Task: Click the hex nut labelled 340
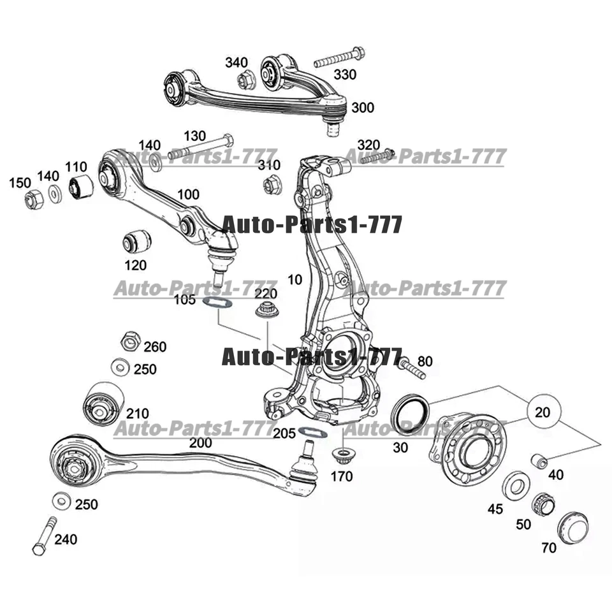245,81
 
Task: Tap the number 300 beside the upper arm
363,107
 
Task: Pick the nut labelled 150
33,200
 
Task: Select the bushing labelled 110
81,186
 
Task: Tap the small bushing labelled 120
136,241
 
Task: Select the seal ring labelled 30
407,414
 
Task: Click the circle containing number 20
543,412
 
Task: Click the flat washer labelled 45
514,485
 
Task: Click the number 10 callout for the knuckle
295,280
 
